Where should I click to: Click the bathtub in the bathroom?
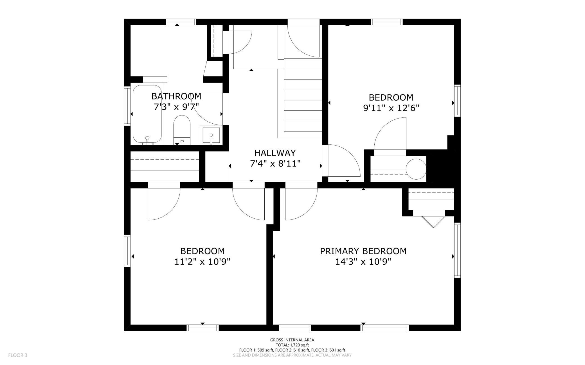coord(147,115)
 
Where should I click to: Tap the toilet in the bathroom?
coord(182,130)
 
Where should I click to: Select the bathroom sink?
coord(211,135)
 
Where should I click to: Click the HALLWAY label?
coord(275,153)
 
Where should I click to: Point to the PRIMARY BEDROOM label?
coord(363,251)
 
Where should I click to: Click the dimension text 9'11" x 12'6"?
coord(391,108)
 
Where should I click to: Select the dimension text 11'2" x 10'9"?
coord(202,262)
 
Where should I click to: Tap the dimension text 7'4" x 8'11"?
coord(275,164)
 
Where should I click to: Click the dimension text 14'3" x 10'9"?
coord(363,262)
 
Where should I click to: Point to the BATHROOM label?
coord(176,96)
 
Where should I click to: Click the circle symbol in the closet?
coord(416,169)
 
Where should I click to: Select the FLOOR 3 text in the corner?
coord(18,355)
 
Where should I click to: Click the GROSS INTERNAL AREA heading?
coord(292,340)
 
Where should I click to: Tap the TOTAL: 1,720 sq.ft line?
coord(292,345)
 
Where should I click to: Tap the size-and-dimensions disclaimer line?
coord(292,355)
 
